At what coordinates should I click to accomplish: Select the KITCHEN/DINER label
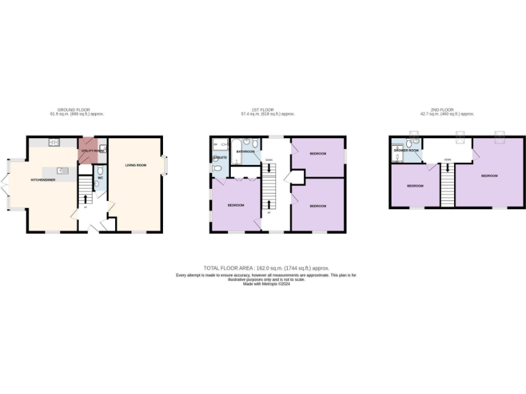pos(43,180)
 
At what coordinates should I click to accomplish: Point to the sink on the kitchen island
pos(61,170)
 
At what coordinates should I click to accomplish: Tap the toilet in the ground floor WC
pos(100,170)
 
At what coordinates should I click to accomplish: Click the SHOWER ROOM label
pos(405,150)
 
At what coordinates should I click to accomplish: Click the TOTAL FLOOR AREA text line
pos(266,268)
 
